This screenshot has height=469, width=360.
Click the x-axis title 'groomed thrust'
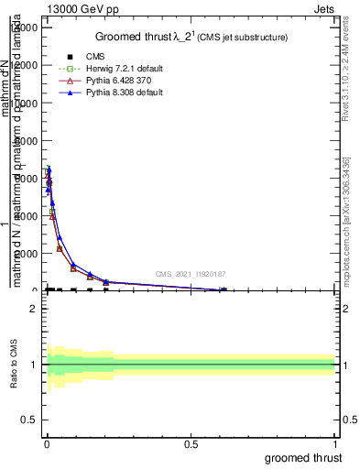(304, 457)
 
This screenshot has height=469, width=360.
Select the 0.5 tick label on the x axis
(191, 444)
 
